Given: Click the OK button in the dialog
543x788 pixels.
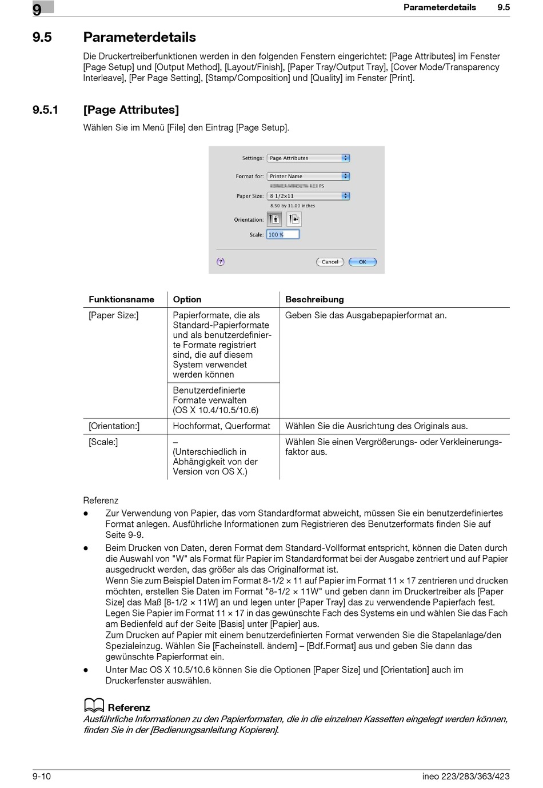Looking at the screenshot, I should (x=362, y=262).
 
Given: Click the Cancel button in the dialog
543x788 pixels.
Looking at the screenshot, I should (x=330, y=262).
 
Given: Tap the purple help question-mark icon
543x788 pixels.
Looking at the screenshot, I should (x=221, y=262).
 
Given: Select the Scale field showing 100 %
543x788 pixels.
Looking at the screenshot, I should (x=283, y=234).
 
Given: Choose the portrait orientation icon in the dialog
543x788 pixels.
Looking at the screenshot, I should (x=274, y=219).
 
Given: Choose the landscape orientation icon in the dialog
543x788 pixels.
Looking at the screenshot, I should (x=293, y=219).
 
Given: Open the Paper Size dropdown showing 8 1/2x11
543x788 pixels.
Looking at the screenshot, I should (x=308, y=196).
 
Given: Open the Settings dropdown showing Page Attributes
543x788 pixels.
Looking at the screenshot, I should (x=308, y=158).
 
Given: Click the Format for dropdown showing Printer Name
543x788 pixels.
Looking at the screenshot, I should (x=308, y=176).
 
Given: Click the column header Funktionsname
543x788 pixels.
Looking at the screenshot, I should (x=121, y=299).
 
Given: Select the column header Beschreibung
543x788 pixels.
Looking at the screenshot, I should (x=314, y=299).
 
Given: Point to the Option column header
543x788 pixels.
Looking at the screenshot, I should (x=187, y=299).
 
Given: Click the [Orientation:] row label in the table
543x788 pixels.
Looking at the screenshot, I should (x=114, y=426).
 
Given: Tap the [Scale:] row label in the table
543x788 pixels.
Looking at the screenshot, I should (x=103, y=442).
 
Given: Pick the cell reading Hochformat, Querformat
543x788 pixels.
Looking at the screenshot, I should (x=221, y=426).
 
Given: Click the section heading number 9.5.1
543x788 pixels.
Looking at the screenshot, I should (x=46, y=110).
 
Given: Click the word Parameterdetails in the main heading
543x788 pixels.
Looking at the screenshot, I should (x=139, y=37).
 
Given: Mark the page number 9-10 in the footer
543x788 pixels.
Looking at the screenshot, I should (x=42, y=776).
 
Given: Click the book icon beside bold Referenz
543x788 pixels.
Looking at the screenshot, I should (x=94, y=706).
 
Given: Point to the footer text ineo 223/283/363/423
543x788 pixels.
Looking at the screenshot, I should (x=466, y=776).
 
